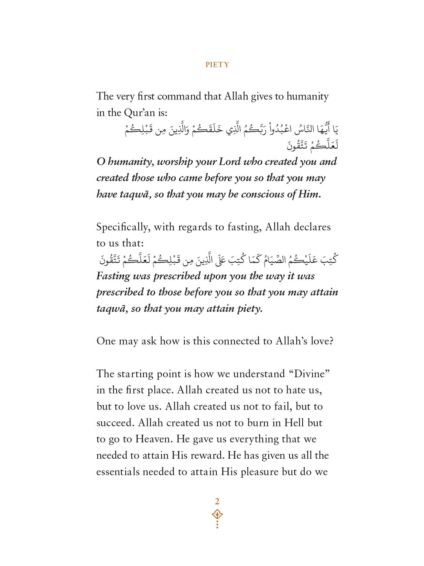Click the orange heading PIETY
coord(217,65)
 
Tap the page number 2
coord(217,501)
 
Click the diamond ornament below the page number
coord(217,515)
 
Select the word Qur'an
coord(139,113)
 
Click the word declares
coord(312,227)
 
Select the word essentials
coord(118,472)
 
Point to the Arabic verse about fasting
coord(218,259)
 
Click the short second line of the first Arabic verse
coord(312,145)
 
